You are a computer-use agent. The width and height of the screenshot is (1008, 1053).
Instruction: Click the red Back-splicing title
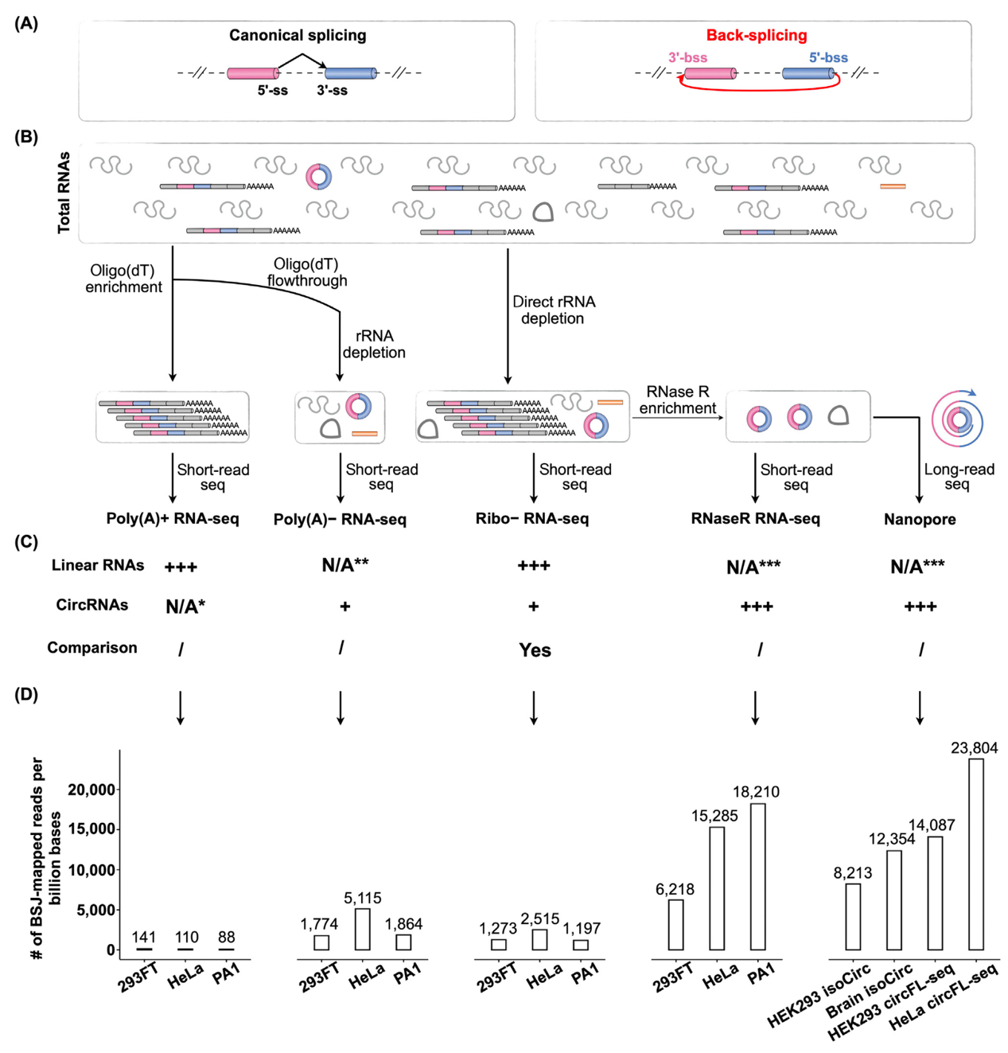pyautogui.click(x=756, y=36)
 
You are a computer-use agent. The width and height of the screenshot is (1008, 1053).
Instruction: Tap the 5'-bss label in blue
pyautogui.click(x=828, y=57)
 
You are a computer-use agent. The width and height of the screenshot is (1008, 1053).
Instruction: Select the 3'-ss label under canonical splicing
pyautogui.click(x=332, y=91)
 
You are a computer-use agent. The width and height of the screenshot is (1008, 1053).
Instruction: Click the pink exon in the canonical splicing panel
pyautogui.click(x=252, y=73)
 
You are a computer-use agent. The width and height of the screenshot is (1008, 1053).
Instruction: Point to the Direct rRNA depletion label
pyautogui.click(x=554, y=310)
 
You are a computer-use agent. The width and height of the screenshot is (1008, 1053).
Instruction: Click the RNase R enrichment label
pyautogui.click(x=678, y=400)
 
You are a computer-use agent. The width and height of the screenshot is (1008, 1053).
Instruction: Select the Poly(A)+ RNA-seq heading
pyautogui.click(x=173, y=518)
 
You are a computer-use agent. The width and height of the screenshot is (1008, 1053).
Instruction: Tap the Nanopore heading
pyautogui.click(x=920, y=519)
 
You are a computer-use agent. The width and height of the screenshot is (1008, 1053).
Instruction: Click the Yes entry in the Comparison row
pyautogui.click(x=535, y=649)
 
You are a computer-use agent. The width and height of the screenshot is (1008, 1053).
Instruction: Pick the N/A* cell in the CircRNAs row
pyautogui.click(x=185, y=606)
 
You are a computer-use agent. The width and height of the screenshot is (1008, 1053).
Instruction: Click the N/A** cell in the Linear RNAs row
pyautogui.click(x=345, y=565)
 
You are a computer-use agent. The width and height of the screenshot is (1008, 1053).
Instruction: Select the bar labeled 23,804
pyautogui.click(x=976, y=854)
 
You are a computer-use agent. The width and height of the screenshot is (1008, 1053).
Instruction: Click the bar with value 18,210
pyautogui.click(x=757, y=876)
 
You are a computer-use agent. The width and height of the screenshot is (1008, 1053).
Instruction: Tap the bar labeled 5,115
pyautogui.click(x=362, y=929)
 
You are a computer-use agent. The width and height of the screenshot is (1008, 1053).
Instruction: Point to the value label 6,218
pyautogui.click(x=675, y=888)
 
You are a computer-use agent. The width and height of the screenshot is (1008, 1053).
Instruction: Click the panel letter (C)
pyautogui.click(x=26, y=542)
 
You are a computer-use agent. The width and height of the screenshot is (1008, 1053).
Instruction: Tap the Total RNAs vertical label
pyautogui.click(x=64, y=193)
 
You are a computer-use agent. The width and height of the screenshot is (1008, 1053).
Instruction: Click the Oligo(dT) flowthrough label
pyautogui.click(x=306, y=272)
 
